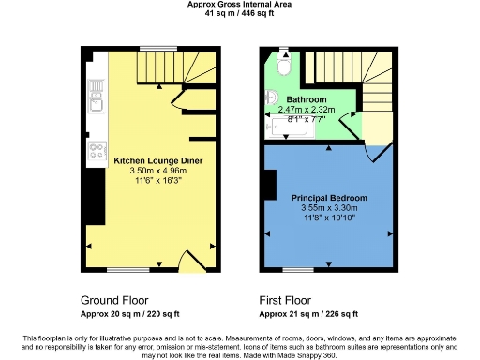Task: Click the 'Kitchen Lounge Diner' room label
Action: pyautogui.click(x=154, y=161)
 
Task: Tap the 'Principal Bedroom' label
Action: pyautogui.click(x=328, y=199)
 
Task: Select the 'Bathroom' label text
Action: pyautogui.click(x=307, y=99)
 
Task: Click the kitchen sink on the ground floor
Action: pyautogui.click(x=95, y=93)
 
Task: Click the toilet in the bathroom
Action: pyautogui.click(x=284, y=66)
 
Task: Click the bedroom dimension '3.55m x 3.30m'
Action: pyautogui.click(x=328, y=209)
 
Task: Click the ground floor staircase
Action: pyautogui.click(x=178, y=67)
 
